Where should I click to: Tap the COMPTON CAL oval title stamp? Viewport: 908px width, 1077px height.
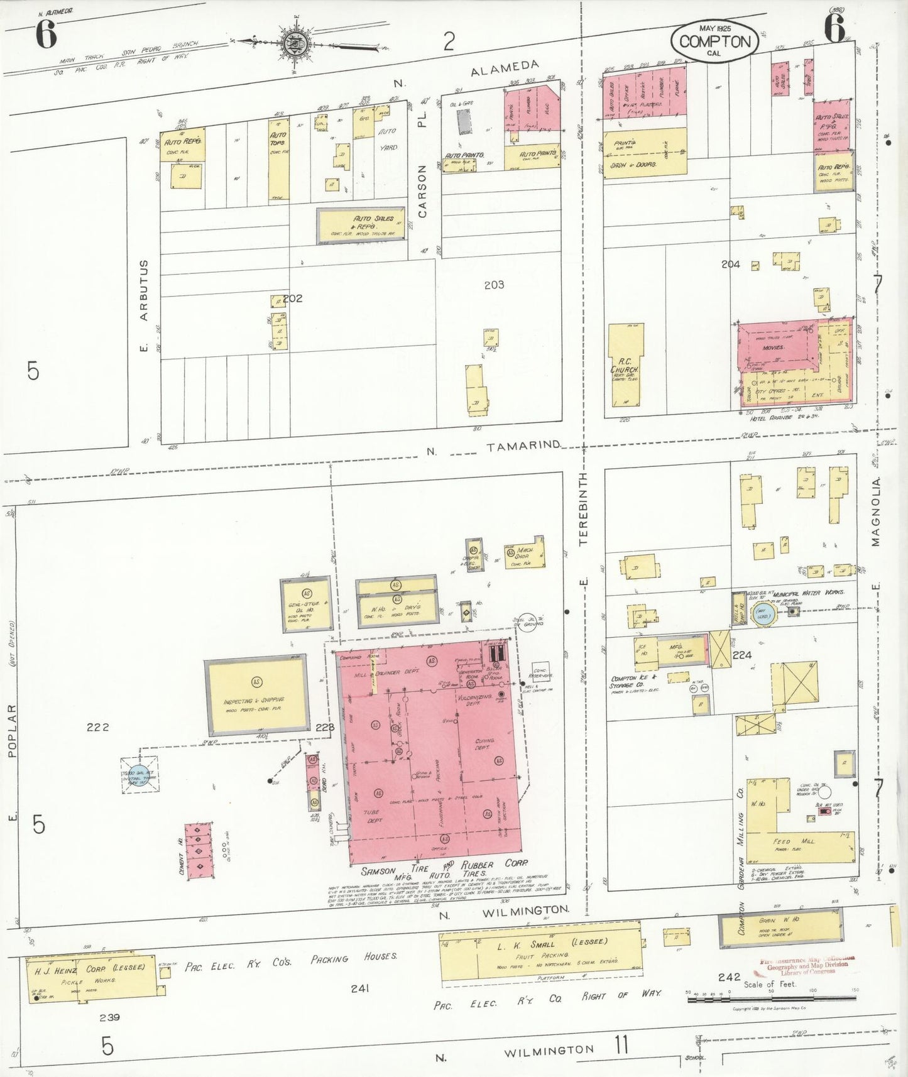[714, 41]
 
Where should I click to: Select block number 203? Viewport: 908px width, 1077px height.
[494, 285]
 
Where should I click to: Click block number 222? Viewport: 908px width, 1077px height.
[97, 727]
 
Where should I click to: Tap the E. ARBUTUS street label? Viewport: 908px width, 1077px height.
[144, 305]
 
